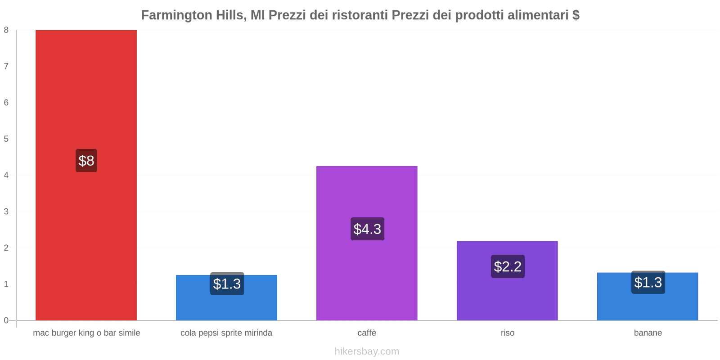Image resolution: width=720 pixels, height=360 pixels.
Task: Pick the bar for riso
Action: point(507,297)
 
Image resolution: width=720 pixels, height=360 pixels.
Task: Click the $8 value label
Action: point(86,161)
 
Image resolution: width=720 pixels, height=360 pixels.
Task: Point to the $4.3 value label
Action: point(367,229)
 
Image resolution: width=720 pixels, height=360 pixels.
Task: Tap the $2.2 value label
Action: point(508,266)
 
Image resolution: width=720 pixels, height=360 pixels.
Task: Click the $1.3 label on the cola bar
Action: point(227,284)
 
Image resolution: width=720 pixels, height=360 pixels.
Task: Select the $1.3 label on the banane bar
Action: point(648,283)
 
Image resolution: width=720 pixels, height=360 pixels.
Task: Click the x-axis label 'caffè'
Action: point(367,333)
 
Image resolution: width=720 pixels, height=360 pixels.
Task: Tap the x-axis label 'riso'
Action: point(507,333)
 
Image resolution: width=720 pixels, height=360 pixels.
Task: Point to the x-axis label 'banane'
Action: point(648,333)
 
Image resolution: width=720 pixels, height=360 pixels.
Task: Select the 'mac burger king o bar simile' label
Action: point(86,333)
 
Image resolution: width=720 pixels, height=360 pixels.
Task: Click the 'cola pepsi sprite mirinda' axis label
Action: point(226,333)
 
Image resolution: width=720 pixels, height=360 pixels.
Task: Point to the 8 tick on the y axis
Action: point(6,30)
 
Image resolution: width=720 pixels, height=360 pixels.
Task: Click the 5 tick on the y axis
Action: point(6,139)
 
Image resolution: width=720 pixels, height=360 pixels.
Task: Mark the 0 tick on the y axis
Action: point(6,320)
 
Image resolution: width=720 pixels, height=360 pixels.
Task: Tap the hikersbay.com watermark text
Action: point(367,351)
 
